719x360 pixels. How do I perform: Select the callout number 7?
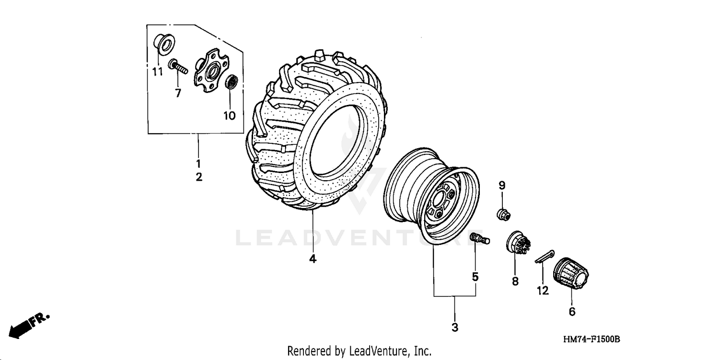tap(178, 93)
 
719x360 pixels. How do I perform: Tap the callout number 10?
tap(230, 116)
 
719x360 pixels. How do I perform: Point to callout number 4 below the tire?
tap(313, 259)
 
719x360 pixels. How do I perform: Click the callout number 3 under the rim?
tap(454, 327)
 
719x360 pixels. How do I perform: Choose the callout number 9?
tap(502, 185)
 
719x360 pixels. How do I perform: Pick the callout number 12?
tap(543, 290)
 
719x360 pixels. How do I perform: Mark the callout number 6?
tap(572, 312)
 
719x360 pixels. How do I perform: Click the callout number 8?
tap(515, 281)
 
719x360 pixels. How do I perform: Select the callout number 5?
tap(475, 277)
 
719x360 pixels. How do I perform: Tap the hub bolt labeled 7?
tap(178, 67)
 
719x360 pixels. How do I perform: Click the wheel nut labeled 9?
tap(502, 215)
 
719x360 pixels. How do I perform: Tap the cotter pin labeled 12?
tap(545, 256)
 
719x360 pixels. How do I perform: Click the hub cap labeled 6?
tap(571, 275)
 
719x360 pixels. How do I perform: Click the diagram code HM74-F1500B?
tap(591, 339)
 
